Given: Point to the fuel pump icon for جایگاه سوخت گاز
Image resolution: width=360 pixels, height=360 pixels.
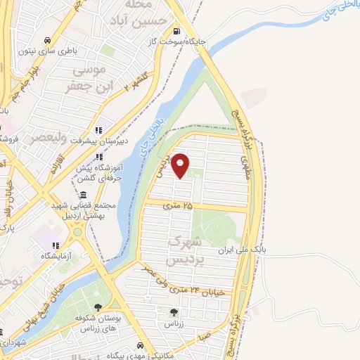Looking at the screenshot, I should [x=176, y=32].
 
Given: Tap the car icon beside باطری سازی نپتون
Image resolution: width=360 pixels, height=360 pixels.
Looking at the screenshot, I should [x=47, y=40].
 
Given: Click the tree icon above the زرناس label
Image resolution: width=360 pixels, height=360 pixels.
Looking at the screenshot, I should [x=174, y=312].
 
